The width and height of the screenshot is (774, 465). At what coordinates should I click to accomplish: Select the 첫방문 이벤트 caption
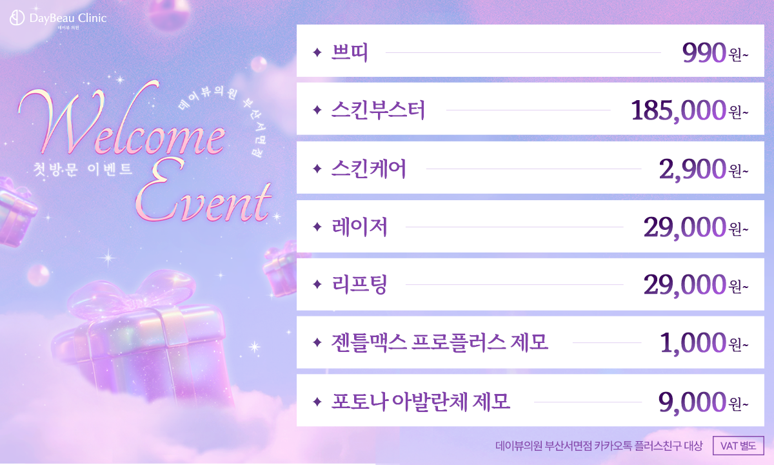click(x=83, y=170)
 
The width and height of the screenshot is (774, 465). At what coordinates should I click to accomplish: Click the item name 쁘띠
click(x=349, y=52)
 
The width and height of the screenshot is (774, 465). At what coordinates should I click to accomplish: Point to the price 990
click(x=704, y=53)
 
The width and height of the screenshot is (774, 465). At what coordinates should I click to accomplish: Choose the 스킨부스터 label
click(x=377, y=111)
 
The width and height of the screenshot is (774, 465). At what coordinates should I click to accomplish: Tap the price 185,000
click(x=678, y=111)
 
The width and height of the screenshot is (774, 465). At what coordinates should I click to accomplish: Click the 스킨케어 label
click(x=368, y=169)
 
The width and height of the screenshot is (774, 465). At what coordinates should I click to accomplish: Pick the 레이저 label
click(x=359, y=227)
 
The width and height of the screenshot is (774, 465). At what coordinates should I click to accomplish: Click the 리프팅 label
click(x=359, y=285)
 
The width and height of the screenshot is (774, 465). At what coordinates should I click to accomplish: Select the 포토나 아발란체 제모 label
click(x=421, y=402)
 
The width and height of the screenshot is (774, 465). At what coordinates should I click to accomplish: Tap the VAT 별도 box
click(x=739, y=446)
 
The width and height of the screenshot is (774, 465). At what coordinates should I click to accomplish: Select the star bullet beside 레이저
click(x=316, y=227)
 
